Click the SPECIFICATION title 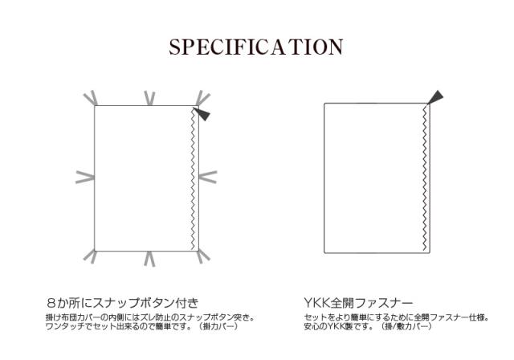click(x=256, y=47)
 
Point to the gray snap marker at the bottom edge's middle click(x=149, y=258)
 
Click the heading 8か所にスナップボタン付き click(x=121, y=304)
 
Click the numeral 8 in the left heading click(x=50, y=304)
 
